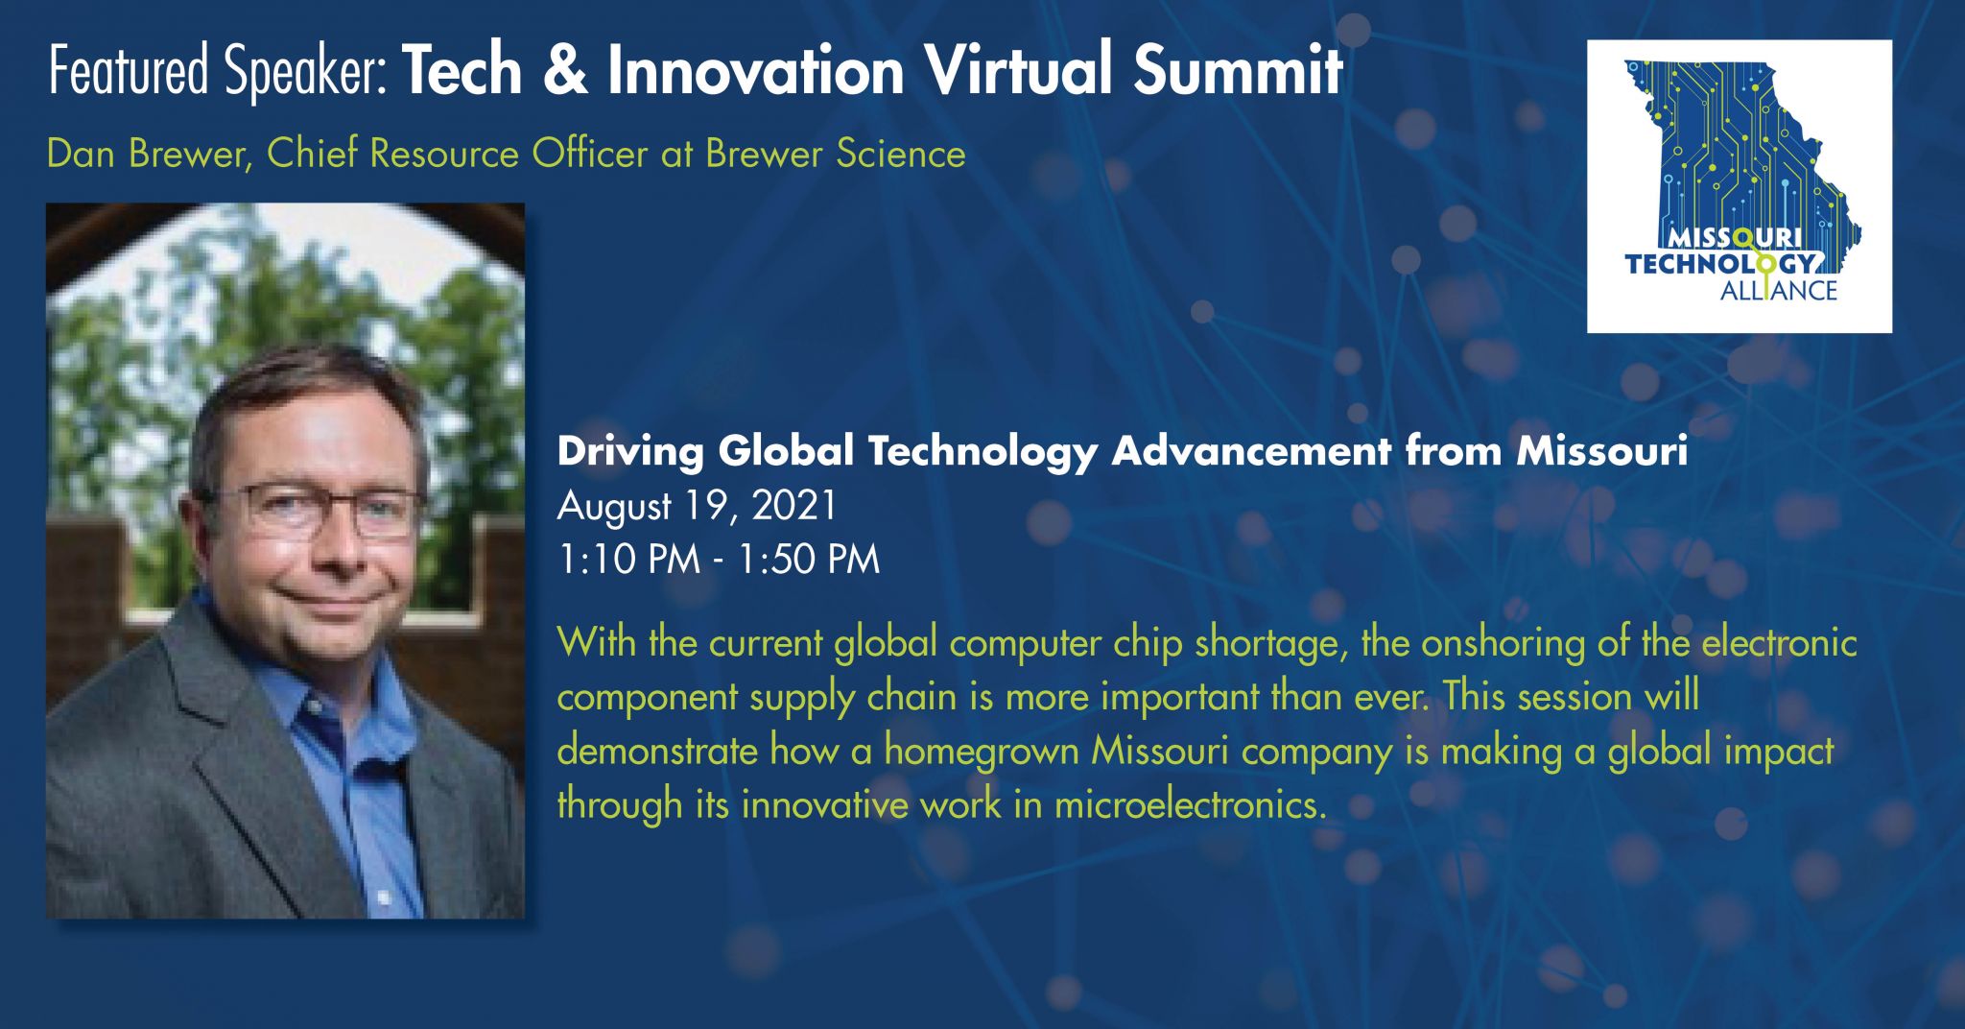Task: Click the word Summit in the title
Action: (x=1238, y=70)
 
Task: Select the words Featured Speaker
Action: (x=218, y=72)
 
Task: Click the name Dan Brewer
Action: (x=147, y=154)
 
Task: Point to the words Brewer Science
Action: (x=836, y=154)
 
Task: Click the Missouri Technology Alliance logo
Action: (x=1739, y=186)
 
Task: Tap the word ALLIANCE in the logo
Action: (x=1778, y=290)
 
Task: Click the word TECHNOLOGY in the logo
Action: (x=1720, y=263)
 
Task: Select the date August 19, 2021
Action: (x=698, y=507)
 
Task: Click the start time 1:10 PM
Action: (x=628, y=560)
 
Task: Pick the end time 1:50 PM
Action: (x=809, y=560)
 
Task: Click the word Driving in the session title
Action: (x=630, y=452)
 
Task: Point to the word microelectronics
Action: (x=1190, y=804)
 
